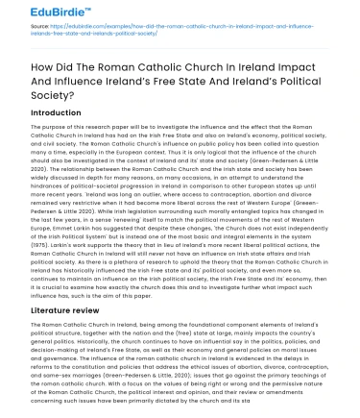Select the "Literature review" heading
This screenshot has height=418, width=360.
click(x=70, y=312)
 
